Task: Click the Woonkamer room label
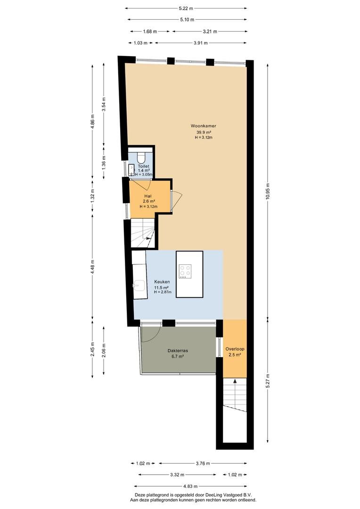(x=203, y=126)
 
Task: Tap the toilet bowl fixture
(x=141, y=157)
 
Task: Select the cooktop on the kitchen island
(x=185, y=271)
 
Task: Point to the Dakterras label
(x=178, y=351)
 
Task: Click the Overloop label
(x=235, y=349)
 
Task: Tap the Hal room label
(x=148, y=196)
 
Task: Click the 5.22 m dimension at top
(x=186, y=8)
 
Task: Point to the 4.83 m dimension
(x=190, y=486)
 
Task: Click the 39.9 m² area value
(x=204, y=132)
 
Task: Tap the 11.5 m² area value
(x=161, y=287)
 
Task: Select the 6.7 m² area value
(x=178, y=356)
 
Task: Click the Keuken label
(x=162, y=282)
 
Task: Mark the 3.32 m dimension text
(x=177, y=475)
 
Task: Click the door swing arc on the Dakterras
(x=155, y=337)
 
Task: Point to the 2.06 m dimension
(x=104, y=351)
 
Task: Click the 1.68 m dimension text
(x=150, y=32)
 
